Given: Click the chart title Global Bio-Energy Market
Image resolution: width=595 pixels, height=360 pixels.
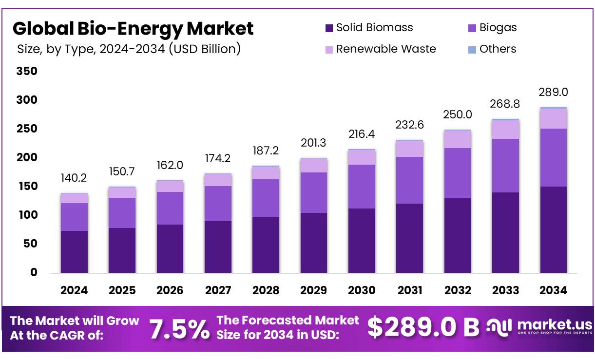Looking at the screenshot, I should pyautogui.click(x=133, y=29).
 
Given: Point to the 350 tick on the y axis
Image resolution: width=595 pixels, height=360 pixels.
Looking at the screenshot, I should pyautogui.click(x=27, y=71).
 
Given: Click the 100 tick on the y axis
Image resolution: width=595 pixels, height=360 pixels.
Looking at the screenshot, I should pyautogui.click(x=27, y=215).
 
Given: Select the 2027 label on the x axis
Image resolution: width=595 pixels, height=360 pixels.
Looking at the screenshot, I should pyautogui.click(x=218, y=290).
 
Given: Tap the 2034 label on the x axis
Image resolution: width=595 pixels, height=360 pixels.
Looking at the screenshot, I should pyautogui.click(x=554, y=290).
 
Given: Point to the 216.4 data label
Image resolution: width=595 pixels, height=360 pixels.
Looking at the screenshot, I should pyautogui.click(x=362, y=133).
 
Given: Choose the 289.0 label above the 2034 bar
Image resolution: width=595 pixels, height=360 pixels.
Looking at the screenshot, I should pyautogui.click(x=554, y=92).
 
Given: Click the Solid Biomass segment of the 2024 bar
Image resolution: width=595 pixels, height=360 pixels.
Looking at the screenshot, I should pyautogui.click(x=74, y=252).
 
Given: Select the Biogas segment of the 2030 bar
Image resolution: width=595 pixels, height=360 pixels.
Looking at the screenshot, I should pyautogui.click(x=362, y=187).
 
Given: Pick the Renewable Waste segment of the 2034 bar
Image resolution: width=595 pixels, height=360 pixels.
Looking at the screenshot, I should pyautogui.click(x=554, y=118).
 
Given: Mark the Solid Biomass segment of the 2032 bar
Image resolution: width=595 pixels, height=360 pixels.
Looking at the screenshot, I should pyautogui.click(x=458, y=235).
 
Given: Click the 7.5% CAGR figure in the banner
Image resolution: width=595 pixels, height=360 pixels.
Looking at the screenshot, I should pyautogui.click(x=179, y=329).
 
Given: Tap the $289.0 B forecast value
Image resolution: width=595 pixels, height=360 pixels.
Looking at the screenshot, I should pyautogui.click(x=423, y=327).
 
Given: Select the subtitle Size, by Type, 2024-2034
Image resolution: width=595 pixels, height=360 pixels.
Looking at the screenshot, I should pyautogui.click(x=129, y=49).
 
